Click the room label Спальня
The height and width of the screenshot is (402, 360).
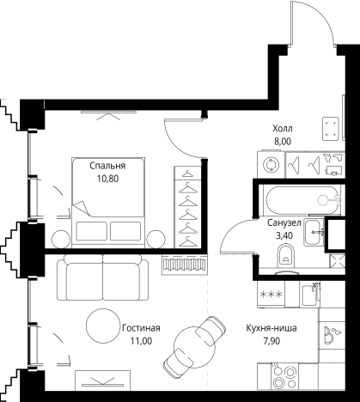pyautogui.click(x=107, y=166)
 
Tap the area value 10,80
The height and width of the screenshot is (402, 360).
pyautogui.click(x=107, y=179)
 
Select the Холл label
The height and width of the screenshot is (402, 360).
pyautogui.click(x=283, y=129)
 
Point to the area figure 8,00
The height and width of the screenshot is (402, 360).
pyautogui.click(x=283, y=142)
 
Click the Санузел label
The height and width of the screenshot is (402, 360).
pyautogui.click(x=284, y=222)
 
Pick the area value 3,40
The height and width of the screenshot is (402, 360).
pyautogui.click(x=284, y=235)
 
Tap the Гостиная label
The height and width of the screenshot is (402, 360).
pyautogui.click(x=141, y=328)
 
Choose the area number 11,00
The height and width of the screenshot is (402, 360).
pyautogui.click(x=141, y=341)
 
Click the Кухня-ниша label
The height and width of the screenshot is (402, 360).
pyautogui.click(x=272, y=328)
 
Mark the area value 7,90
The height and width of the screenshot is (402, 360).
pyautogui.click(x=272, y=341)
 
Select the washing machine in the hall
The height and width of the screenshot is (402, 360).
pyautogui.click(x=271, y=164)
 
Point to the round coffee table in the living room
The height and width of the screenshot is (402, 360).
pyautogui.click(x=103, y=325)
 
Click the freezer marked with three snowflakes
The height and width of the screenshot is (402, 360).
pyautogui.click(x=271, y=294)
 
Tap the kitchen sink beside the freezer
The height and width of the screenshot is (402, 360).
pyautogui.click(x=310, y=294)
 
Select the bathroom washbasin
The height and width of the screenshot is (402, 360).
pyautogui.click(x=314, y=232)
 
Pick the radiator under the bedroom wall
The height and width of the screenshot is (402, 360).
pyautogui.click(x=185, y=265)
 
